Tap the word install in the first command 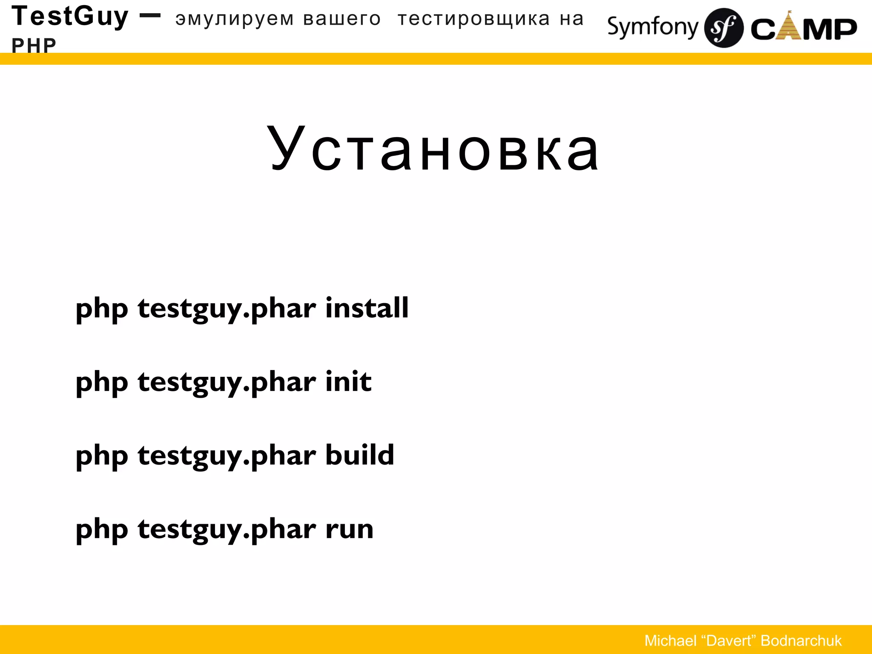pos(367,308)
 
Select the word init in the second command pos(348,381)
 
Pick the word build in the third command pos(360,455)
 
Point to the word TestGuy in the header pos(70,17)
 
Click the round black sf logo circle pos(723,28)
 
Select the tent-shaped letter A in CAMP pos(789,26)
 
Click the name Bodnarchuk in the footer pos(801,641)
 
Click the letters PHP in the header pos(34,45)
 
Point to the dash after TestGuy pos(150,16)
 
